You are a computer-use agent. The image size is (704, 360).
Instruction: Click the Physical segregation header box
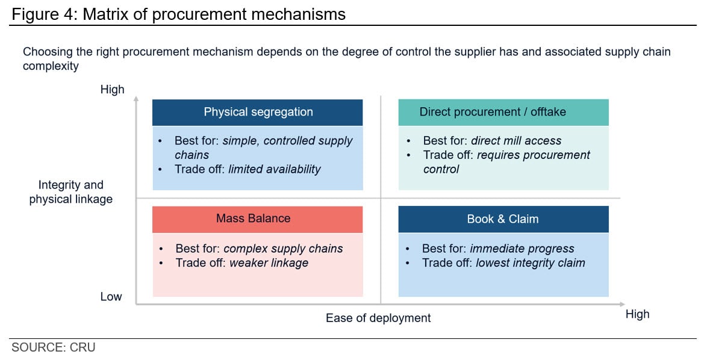coord(257,112)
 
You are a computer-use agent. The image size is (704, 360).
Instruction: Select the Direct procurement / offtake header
coord(503,112)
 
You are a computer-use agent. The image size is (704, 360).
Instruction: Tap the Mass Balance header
coord(257,219)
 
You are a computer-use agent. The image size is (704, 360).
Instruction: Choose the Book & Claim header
coord(503,219)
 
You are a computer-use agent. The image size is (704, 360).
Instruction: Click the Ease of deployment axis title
coord(378,318)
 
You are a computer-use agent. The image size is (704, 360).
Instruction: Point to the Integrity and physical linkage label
coord(71,192)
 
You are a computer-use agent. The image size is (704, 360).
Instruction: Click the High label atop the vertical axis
coord(112,90)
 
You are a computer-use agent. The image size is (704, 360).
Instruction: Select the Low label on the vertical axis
coord(111,297)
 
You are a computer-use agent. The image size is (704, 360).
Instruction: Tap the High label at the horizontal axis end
coord(638,314)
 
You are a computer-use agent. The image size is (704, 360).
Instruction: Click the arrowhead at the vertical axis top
coord(136,98)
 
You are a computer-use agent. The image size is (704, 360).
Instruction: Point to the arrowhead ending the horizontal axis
coord(622,305)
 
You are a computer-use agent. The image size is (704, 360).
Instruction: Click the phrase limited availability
coord(275,169)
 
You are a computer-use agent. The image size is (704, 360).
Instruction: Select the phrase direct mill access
coord(516,141)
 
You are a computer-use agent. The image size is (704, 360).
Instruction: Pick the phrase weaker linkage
coord(269,263)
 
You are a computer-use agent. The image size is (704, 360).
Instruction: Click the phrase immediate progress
coord(522,249)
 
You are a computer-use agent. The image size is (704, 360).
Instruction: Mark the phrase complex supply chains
coord(283,249)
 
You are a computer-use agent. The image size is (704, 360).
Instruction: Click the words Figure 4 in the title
coord(42,14)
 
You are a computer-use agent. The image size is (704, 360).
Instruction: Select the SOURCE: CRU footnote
coord(54,347)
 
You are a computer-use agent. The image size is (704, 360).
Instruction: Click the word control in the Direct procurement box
coord(441,169)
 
